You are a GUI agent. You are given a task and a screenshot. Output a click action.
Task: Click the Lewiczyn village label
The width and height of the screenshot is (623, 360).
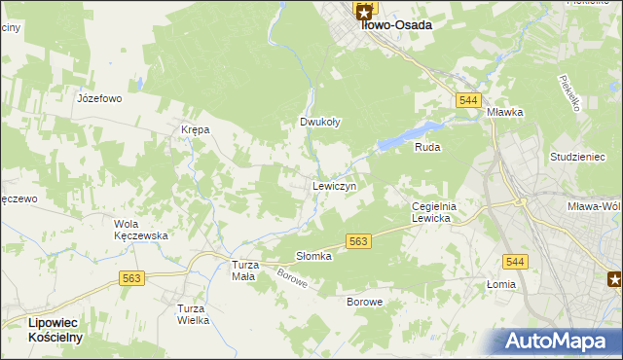click(334, 186)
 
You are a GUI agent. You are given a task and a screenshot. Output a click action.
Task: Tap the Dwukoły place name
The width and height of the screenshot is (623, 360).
click(319, 123)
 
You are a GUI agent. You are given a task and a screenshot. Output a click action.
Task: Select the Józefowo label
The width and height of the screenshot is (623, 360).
click(99, 98)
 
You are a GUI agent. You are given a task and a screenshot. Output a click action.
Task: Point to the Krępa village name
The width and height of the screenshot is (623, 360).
click(195, 129)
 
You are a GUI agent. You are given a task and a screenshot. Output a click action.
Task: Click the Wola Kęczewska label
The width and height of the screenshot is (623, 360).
click(141, 230)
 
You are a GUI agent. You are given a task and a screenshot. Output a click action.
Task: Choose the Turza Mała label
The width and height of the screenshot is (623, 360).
click(242, 270)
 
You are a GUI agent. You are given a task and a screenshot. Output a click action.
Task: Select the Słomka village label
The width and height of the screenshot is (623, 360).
click(314, 256)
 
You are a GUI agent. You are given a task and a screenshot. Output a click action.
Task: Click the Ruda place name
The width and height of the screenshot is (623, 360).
click(427, 147)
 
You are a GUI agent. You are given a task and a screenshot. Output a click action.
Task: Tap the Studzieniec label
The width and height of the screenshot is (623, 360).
click(577, 157)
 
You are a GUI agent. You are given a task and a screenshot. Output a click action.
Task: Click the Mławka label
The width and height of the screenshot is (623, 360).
click(506, 112)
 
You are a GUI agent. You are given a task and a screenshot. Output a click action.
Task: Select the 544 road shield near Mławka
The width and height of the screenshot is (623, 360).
click(466, 100)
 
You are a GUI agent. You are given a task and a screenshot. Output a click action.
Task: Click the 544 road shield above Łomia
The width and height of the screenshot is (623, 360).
click(516, 261)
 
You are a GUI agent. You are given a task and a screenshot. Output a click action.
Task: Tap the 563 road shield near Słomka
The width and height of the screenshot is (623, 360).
click(358, 241)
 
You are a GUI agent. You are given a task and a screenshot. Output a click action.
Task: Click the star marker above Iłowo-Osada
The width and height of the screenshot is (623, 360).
click(364, 12)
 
